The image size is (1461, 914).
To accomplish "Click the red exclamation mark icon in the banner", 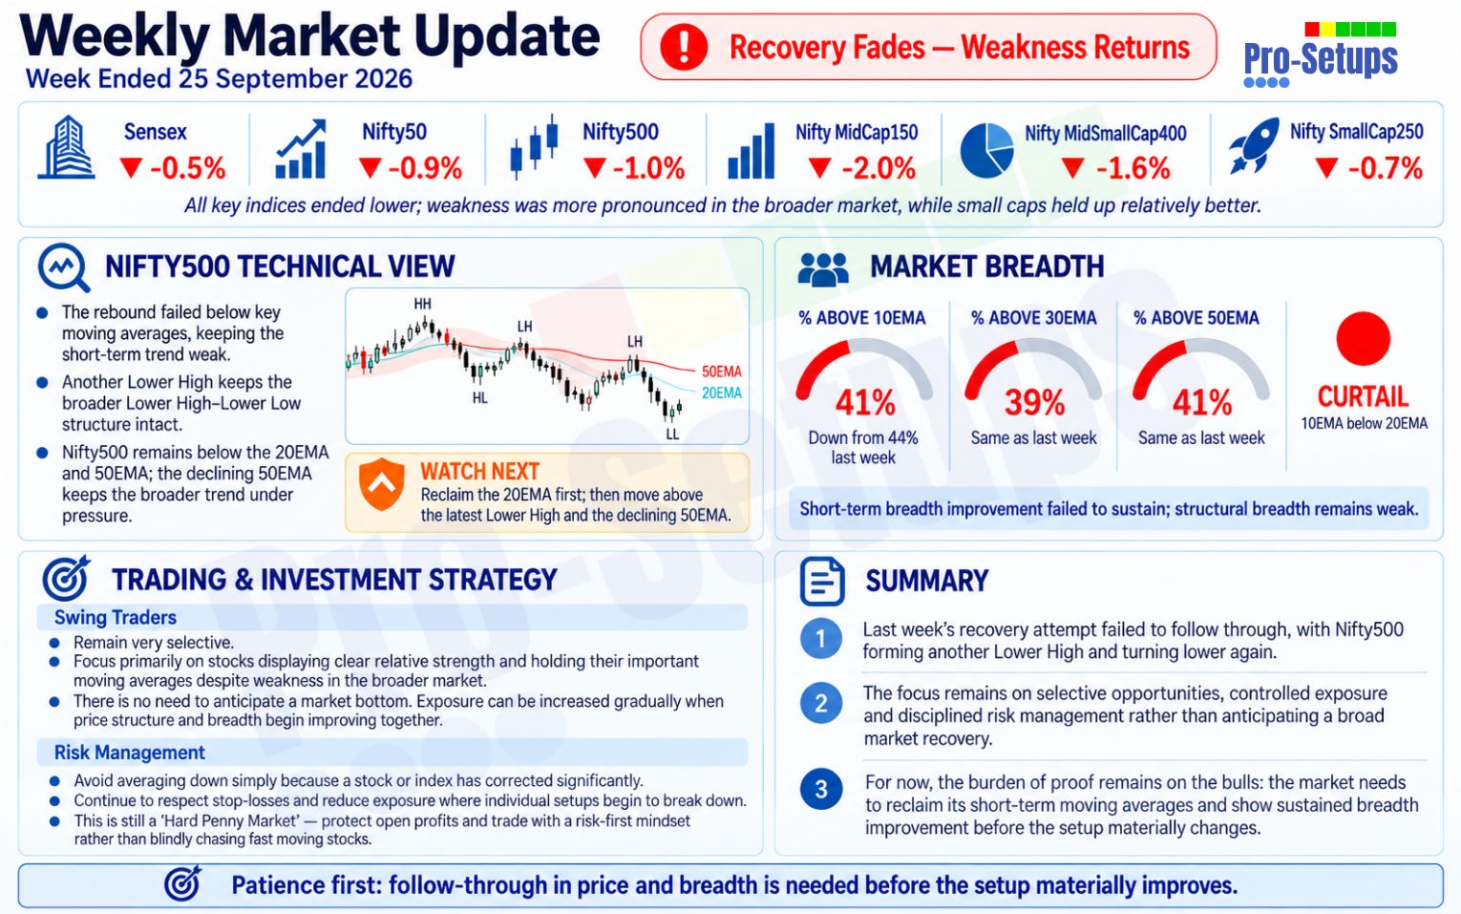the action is [x=684, y=47].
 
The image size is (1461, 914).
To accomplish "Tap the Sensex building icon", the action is [x=66, y=147].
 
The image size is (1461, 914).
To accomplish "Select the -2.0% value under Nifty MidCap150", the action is [x=862, y=168].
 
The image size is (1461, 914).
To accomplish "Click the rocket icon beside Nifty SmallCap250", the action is [x=1254, y=145].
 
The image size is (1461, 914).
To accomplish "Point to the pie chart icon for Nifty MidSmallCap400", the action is [x=986, y=151].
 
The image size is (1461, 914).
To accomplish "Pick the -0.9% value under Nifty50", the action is [x=411, y=168].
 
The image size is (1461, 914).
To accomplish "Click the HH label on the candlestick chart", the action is [x=423, y=304].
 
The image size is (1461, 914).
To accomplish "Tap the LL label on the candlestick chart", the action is [x=672, y=435].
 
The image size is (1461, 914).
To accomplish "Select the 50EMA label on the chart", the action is [x=721, y=372].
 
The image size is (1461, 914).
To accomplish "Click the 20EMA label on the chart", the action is [x=721, y=393].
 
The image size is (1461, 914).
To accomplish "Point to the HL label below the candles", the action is [x=480, y=398].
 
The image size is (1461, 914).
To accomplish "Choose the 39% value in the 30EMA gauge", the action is [x=1034, y=402].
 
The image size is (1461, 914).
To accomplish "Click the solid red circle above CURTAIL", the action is [x=1364, y=339].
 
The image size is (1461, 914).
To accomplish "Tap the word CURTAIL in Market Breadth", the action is [x=1364, y=396].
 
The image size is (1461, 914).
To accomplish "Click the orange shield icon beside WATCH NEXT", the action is [x=382, y=484].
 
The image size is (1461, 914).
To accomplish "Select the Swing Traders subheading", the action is [x=116, y=617].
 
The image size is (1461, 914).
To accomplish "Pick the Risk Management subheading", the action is [x=130, y=753].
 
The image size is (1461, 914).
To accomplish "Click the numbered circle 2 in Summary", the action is [x=821, y=703].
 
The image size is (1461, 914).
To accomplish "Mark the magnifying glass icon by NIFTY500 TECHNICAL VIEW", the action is [x=64, y=267].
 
